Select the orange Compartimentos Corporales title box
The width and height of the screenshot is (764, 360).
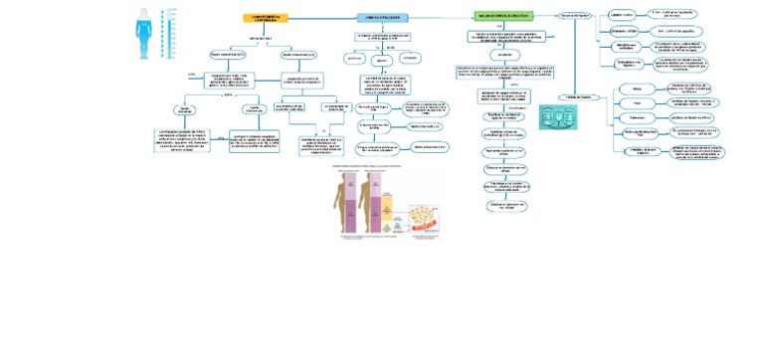click(x=265, y=18)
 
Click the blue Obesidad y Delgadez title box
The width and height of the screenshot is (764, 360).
click(x=382, y=18)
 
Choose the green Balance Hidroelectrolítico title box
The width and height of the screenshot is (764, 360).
click(x=503, y=17)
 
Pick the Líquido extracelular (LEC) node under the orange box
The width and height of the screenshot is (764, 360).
click(x=298, y=54)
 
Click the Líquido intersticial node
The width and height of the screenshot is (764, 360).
click(x=185, y=109)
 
